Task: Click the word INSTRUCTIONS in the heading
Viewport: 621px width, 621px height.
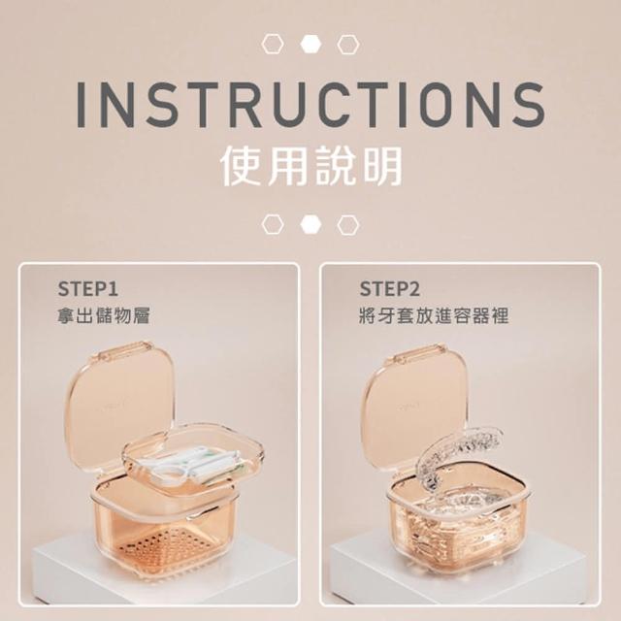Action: pyautogui.click(x=310, y=104)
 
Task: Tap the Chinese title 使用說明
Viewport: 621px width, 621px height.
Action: pyautogui.click(x=310, y=166)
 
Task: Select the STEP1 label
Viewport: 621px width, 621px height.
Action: pyautogui.click(x=88, y=289)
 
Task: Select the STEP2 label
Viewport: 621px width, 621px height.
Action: pyautogui.click(x=389, y=289)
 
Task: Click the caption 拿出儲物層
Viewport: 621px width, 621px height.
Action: pyautogui.click(x=104, y=316)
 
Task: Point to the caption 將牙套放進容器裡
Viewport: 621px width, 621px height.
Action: pyautogui.click(x=434, y=316)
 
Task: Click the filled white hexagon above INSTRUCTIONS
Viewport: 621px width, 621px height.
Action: pyautogui.click(x=310, y=44)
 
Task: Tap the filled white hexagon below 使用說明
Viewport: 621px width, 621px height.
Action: pyautogui.click(x=310, y=224)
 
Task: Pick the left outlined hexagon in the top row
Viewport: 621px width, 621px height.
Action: pyautogui.click(x=273, y=44)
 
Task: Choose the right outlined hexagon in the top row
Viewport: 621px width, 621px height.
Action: pyautogui.click(x=348, y=44)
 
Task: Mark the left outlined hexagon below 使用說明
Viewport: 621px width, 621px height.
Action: pyautogui.click(x=273, y=224)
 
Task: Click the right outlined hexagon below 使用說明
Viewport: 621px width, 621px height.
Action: pyautogui.click(x=348, y=224)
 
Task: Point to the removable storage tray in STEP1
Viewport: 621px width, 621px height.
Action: pyautogui.click(x=193, y=459)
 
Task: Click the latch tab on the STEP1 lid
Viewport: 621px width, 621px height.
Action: pyautogui.click(x=126, y=346)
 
